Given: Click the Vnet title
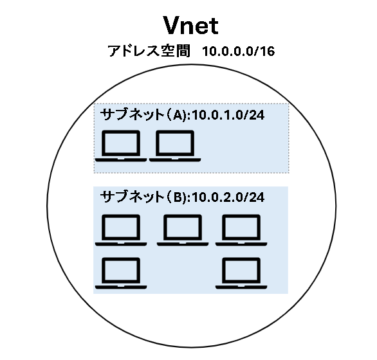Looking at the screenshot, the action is (x=190, y=25).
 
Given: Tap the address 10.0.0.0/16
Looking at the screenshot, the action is (x=238, y=51).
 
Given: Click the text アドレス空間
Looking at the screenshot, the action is (x=149, y=51).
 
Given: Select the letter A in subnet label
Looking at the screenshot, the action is (x=178, y=115).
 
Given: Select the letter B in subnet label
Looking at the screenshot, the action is (x=178, y=197).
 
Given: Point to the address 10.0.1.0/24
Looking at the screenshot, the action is (x=228, y=115).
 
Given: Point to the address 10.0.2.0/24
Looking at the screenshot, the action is (x=228, y=197).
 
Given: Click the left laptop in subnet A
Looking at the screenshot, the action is (x=121, y=146).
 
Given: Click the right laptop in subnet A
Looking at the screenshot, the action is (x=175, y=146).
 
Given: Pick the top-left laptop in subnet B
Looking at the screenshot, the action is (x=121, y=230).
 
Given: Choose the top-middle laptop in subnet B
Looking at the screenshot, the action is (x=183, y=230).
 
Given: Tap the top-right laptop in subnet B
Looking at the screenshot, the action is (x=241, y=230).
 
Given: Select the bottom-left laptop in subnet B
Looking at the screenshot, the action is (x=121, y=273).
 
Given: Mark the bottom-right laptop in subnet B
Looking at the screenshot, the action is (x=241, y=273).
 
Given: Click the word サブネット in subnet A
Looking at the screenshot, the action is (x=132, y=114).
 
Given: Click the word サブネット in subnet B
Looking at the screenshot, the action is (x=132, y=197).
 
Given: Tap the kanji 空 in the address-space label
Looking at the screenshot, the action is (x=167, y=51).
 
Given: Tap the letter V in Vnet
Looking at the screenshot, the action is (x=174, y=25).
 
